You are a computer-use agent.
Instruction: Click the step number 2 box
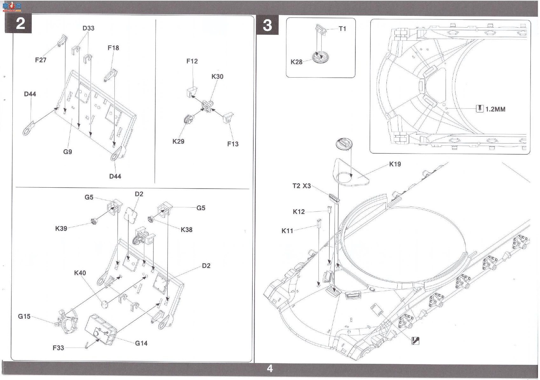pos(18,24)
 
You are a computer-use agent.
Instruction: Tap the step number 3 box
pos(267,25)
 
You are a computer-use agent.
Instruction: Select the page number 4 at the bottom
pos(270,369)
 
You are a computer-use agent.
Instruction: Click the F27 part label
pos(40,60)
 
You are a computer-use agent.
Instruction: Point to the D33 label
pos(88,28)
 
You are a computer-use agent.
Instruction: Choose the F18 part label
pos(113,48)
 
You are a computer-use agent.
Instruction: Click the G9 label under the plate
pos(67,152)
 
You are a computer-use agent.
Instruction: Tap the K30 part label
pos(217,76)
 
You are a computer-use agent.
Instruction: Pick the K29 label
pos(178,141)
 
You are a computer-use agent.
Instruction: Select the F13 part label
pos(233,144)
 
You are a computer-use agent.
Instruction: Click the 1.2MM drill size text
pos(496,109)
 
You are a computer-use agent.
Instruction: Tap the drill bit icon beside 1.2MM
pos(480,109)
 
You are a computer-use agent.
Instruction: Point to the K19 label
pos(395,164)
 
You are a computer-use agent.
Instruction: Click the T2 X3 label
pos(302,186)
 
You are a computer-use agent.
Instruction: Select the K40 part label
pos(80,273)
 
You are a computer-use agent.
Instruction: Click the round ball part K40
pos(105,305)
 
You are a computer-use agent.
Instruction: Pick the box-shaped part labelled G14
pos(101,330)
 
